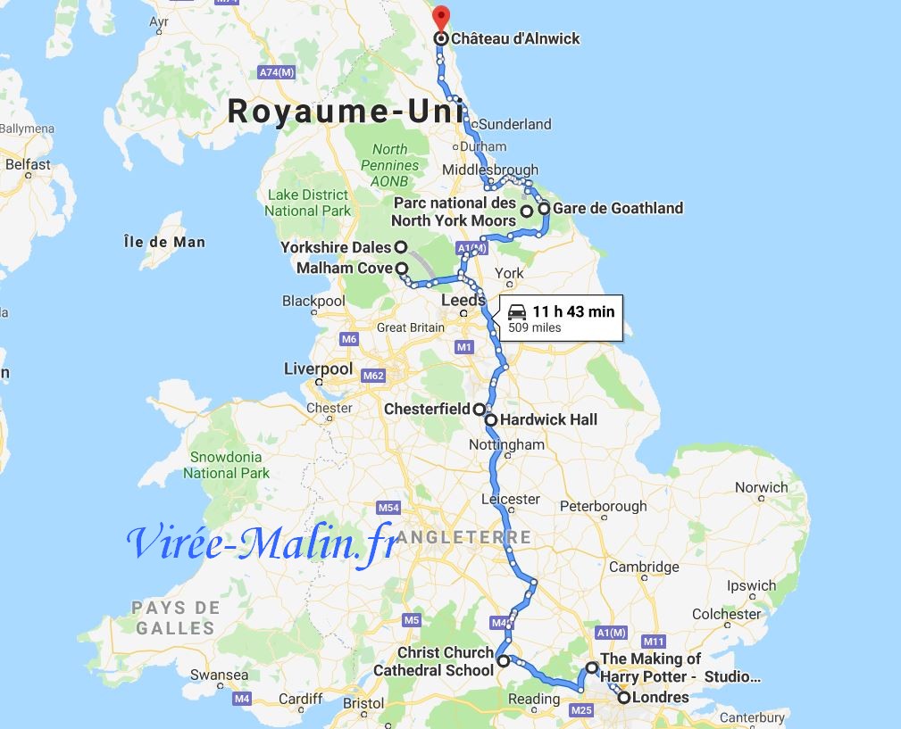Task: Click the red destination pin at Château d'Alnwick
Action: click(440, 18)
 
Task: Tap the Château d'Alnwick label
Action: click(515, 39)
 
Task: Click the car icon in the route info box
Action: click(517, 312)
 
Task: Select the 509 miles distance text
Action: click(535, 327)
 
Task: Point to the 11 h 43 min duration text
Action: click(573, 311)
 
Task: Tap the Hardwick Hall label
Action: click(548, 419)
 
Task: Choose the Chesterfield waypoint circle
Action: click(480, 410)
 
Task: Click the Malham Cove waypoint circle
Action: click(402, 269)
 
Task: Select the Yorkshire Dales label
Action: click(336, 247)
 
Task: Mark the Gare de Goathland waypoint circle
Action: click(544, 209)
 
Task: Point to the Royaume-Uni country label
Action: click(345, 112)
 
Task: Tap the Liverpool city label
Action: click(318, 369)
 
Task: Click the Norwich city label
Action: click(762, 487)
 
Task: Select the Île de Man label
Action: click(164, 242)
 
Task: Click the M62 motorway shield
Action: click(373, 376)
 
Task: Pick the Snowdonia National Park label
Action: click(226, 465)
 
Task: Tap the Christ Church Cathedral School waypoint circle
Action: click(504, 661)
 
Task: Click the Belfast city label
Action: click(28, 164)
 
